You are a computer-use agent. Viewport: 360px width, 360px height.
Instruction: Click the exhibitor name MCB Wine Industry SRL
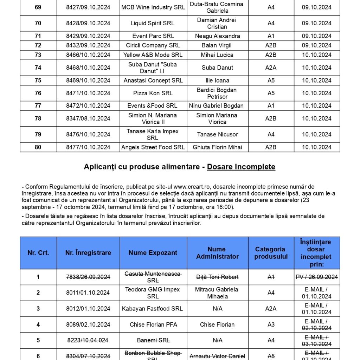click(153, 7)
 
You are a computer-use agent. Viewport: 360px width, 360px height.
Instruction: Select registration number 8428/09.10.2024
click(88, 23)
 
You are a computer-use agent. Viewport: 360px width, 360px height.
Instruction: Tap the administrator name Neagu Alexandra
click(217, 36)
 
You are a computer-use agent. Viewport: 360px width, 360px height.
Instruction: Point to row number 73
click(38, 55)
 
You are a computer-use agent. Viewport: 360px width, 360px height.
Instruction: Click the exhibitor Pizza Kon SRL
click(153, 93)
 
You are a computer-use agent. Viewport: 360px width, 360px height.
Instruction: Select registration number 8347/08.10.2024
click(88, 118)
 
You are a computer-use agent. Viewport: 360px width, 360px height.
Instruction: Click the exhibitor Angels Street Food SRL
click(153, 147)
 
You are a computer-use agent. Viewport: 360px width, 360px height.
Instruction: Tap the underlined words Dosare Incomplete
click(241, 167)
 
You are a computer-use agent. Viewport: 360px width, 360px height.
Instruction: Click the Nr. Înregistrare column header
click(88, 252)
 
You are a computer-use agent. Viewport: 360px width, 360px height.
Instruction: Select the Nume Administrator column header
click(217, 253)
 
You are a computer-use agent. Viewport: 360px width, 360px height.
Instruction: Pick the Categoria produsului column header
click(271, 253)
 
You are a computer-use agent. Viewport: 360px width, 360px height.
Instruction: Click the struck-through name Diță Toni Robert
click(217, 277)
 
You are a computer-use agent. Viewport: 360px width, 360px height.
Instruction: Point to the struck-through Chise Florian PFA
click(153, 324)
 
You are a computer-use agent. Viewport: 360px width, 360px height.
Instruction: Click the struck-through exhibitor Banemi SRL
click(153, 340)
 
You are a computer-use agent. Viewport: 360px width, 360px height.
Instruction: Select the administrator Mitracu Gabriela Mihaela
click(217, 292)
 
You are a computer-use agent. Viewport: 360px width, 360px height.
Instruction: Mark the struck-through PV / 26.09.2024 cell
click(317, 277)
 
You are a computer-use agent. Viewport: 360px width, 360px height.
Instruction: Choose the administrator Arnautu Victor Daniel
click(217, 356)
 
